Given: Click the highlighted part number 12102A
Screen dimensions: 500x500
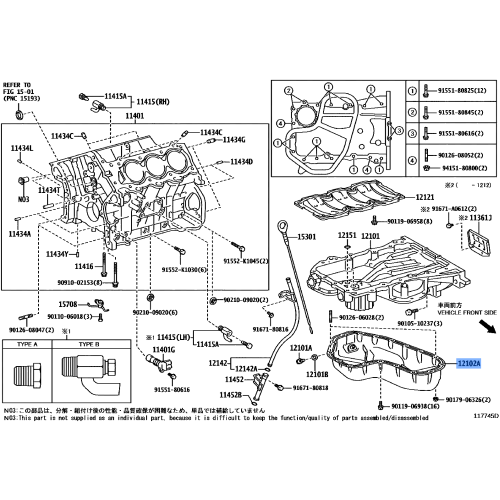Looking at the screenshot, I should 468,365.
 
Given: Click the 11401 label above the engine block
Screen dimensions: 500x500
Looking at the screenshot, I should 134,116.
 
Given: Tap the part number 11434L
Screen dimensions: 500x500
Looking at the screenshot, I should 22,148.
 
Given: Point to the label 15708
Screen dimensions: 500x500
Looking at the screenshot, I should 67,303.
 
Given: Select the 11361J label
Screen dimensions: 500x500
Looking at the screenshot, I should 480,216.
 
